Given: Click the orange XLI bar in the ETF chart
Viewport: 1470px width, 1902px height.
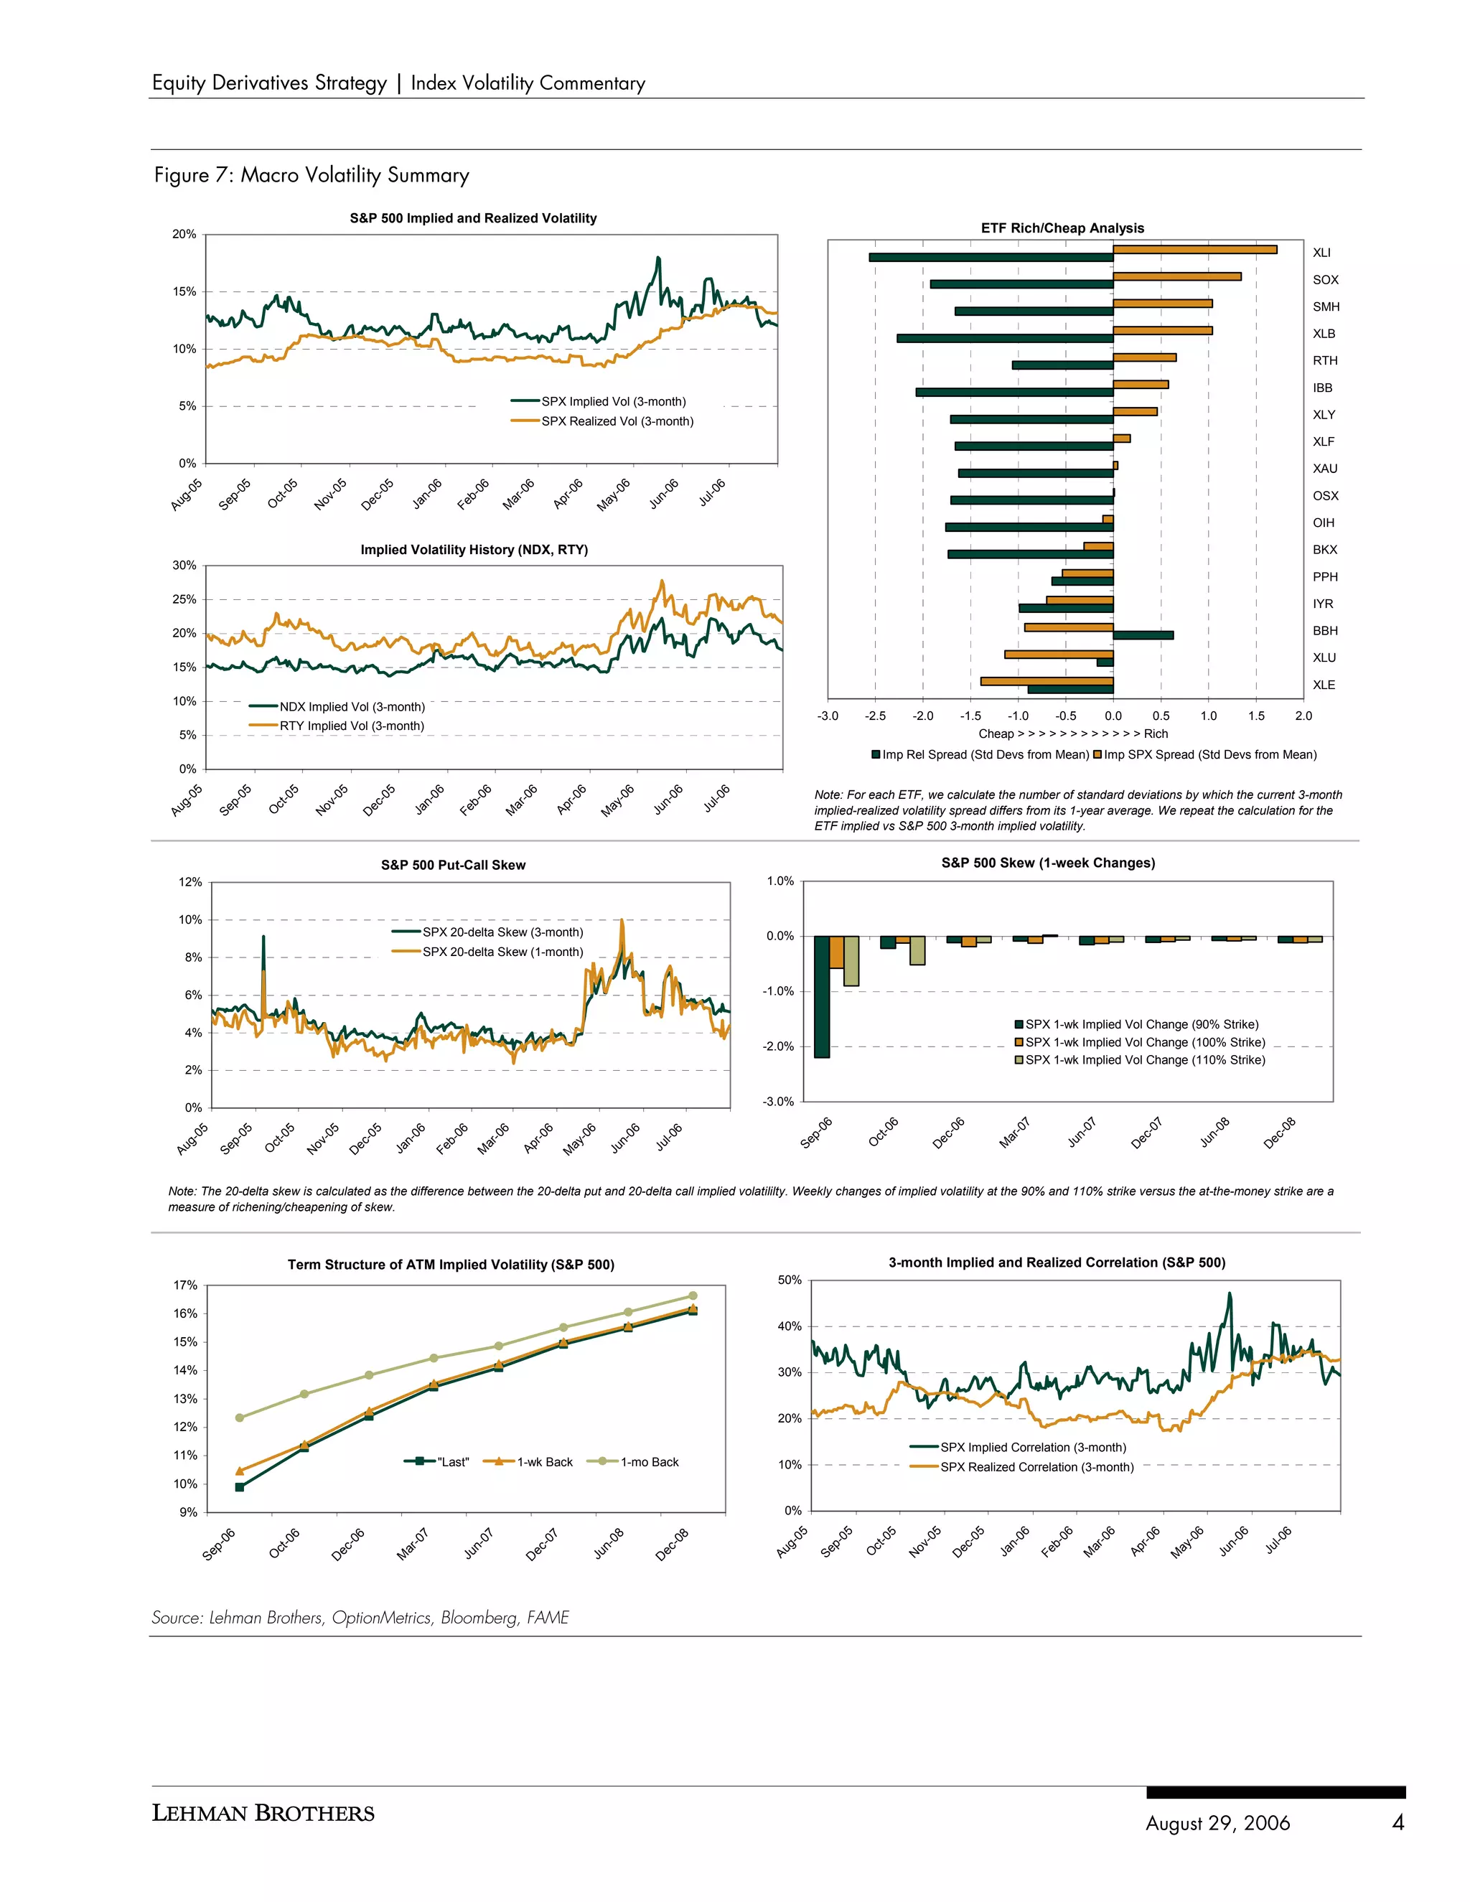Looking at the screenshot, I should pos(1195,250).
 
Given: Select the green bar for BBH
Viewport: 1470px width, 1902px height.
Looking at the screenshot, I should pos(1143,635).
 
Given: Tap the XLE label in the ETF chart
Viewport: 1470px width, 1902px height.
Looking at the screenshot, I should pos(1323,685).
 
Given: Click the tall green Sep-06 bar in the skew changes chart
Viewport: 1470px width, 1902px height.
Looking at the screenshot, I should pos(821,996).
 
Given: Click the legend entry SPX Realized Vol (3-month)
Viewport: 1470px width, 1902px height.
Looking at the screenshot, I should pos(617,421).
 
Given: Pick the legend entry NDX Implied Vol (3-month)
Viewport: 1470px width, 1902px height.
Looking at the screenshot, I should pos(352,707).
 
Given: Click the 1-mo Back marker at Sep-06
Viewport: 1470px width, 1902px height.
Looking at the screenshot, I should pos(240,1418).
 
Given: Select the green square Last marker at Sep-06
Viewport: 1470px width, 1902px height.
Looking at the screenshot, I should pos(240,1487).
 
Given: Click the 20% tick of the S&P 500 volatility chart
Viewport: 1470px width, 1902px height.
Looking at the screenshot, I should pos(184,234).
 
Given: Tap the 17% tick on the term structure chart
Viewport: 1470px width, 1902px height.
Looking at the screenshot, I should pos(185,1285).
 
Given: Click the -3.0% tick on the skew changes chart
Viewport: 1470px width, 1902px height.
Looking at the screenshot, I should pos(779,1102).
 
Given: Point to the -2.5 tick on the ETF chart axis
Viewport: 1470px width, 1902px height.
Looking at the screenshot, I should pos(874,716).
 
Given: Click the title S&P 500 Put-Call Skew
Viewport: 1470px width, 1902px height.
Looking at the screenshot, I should pos(453,865).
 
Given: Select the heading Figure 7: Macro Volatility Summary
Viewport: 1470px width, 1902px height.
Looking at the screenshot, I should pos(312,175).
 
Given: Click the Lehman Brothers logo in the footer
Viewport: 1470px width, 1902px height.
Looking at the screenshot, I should pos(263,1812).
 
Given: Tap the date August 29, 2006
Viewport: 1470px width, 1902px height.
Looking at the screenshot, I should pos(1217,1823).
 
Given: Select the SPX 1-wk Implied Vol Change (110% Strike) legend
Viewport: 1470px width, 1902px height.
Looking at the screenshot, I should pos(1144,1060).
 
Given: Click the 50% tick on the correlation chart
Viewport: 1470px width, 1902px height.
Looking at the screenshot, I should pos(789,1280).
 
